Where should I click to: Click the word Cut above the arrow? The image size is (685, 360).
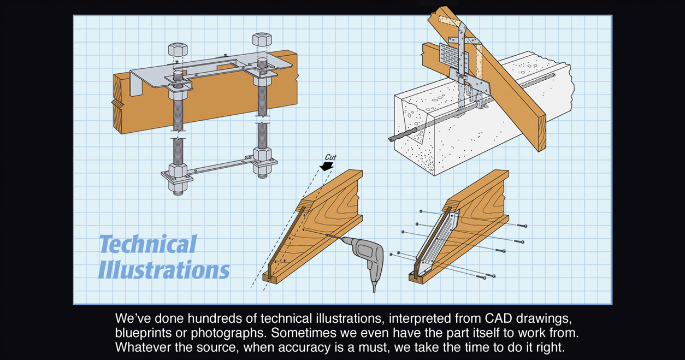[x=330, y=157]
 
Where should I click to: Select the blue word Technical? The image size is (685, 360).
[x=147, y=244]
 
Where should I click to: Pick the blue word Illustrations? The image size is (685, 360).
[x=164, y=270]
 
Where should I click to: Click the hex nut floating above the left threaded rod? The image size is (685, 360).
[x=178, y=49]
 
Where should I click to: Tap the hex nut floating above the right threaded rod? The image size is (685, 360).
[x=262, y=40]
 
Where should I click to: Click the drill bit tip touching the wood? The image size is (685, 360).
[x=327, y=235]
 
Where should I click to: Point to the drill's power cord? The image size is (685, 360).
[x=375, y=284]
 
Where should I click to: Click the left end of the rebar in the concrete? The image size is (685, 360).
[x=391, y=139]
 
